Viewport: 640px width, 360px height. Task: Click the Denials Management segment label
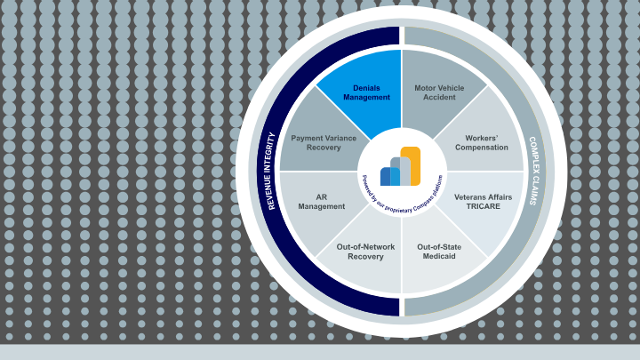coord(366,92)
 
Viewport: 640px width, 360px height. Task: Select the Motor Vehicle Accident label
coord(439,92)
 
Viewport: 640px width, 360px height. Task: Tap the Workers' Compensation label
coord(482,142)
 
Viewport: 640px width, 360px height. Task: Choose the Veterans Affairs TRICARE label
coord(483,200)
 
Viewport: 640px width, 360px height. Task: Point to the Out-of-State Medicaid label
coord(441,252)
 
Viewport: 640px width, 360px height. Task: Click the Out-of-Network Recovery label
coord(360,252)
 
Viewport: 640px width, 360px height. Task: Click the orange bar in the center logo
coord(410,166)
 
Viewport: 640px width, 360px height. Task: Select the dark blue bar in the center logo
coord(385,176)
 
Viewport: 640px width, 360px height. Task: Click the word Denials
coord(366,88)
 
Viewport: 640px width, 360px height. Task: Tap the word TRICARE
coord(483,205)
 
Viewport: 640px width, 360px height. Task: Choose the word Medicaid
coord(441,257)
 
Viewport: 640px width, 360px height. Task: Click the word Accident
coord(439,98)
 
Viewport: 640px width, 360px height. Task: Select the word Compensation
coord(482,148)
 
